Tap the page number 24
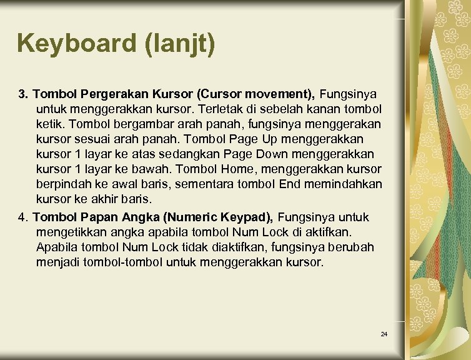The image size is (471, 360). [384, 334]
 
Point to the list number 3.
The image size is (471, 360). [23, 94]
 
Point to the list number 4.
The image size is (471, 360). [23, 217]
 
